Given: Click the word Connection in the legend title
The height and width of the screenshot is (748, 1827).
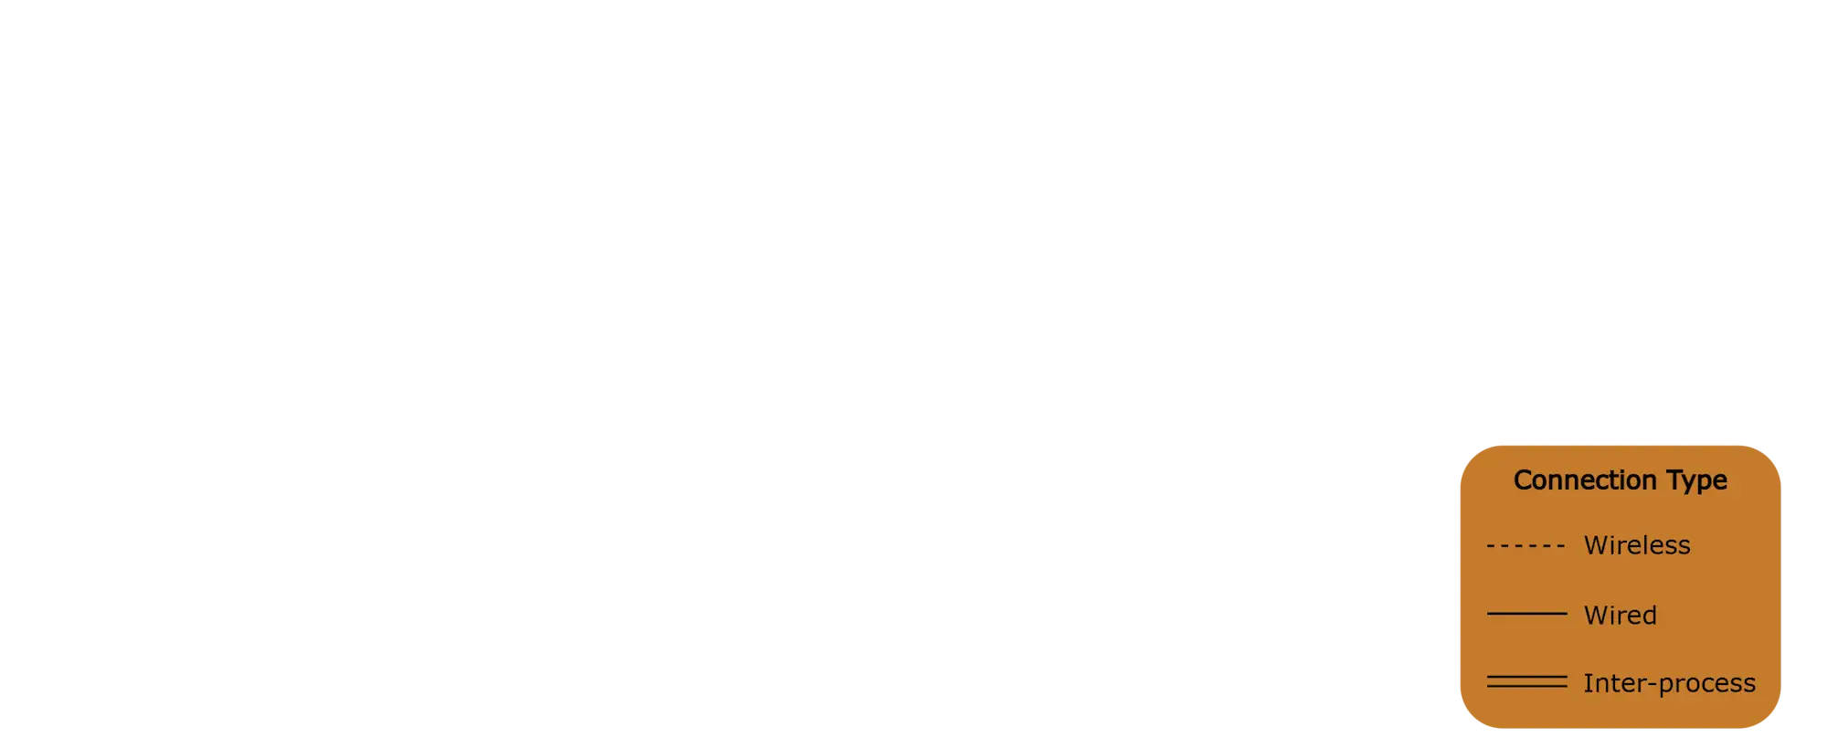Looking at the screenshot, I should (x=1586, y=479).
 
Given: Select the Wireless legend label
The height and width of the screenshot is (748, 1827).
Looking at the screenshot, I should (x=1637, y=545).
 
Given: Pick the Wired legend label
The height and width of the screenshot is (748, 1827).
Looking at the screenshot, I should (x=1620, y=615).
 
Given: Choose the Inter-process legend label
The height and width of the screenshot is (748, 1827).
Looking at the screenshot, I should (x=1669, y=683).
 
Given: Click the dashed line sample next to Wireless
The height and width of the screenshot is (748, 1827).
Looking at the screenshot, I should (x=1526, y=546).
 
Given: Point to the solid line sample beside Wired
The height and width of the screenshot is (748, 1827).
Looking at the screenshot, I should (x=1526, y=614).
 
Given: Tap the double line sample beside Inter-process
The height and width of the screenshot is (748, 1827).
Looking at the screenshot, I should (x=1526, y=682).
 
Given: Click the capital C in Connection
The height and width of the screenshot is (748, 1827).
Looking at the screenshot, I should (x=1523, y=479).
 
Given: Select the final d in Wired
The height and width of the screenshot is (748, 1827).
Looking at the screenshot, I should (x=1649, y=615).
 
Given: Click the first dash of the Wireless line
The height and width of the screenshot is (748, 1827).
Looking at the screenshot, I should (x=1491, y=546).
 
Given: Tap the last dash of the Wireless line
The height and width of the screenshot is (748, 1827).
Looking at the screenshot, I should (x=1560, y=546).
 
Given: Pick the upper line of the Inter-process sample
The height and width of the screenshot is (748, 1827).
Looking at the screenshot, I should (x=1526, y=678).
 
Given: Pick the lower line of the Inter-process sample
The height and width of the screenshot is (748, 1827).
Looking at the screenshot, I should (x=1526, y=687).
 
